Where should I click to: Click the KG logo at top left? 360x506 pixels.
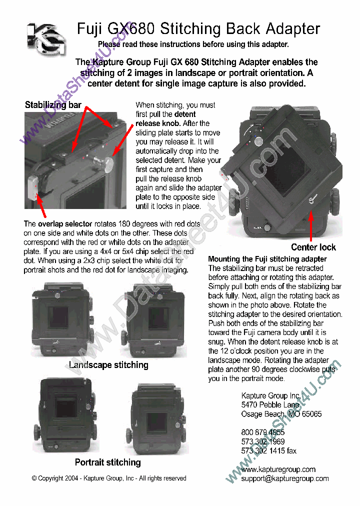[x=46, y=38]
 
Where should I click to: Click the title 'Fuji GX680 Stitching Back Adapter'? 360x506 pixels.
[x=198, y=29]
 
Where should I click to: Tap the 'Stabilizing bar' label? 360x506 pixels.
[x=53, y=105]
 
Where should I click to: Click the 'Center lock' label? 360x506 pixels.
[x=313, y=247]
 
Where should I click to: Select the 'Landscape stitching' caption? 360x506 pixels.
[x=108, y=365]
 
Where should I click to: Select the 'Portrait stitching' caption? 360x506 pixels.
[x=107, y=462]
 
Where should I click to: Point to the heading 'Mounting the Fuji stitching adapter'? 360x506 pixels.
[x=267, y=259]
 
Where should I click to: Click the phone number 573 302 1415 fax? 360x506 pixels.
[x=268, y=451]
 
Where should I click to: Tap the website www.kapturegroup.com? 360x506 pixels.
[x=278, y=469]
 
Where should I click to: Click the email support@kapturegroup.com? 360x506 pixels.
[x=284, y=478]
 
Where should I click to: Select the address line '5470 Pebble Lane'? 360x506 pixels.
[x=270, y=404]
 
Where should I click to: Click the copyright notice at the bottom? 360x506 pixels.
[x=109, y=478]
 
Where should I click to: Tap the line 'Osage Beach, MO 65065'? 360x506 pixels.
[x=281, y=414]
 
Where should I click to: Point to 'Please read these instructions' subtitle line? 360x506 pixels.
[x=193, y=44]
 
